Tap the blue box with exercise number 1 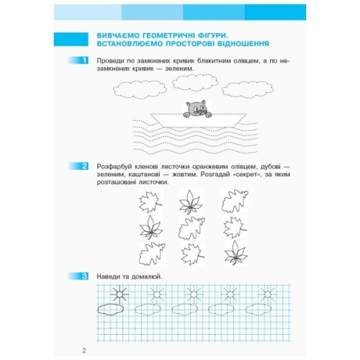coord(86,62)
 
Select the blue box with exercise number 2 coord(86,166)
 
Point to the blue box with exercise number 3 coord(86,276)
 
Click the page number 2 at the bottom coord(84,351)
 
